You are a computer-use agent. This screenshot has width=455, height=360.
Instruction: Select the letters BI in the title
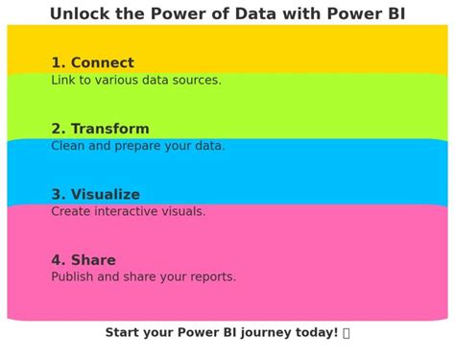[394, 14]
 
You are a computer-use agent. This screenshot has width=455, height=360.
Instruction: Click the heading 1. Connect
[92, 63]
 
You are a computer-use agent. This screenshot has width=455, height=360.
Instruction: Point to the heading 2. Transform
[100, 129]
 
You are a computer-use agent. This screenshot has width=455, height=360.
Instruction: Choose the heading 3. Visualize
[95, 195]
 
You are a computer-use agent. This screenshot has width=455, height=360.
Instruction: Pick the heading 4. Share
[84, 260]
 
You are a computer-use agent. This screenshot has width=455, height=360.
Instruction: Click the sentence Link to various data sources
[136, 81]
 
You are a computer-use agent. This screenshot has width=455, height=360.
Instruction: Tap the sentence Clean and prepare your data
[138, 146]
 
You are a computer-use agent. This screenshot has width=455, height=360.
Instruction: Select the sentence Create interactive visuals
[129, 211]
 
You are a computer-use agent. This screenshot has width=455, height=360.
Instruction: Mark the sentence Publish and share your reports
[144, 277]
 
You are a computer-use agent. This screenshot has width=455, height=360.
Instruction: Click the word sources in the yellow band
[195, 81]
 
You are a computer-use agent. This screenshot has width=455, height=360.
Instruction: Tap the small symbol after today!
[347, 332]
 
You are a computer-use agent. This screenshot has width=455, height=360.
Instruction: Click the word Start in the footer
[123, 332]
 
